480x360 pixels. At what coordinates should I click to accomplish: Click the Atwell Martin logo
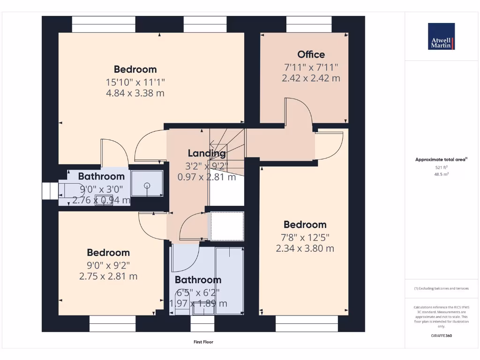click(441, 37)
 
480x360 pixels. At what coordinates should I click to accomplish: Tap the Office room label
click(311, 54)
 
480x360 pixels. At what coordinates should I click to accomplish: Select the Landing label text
click(207, 153)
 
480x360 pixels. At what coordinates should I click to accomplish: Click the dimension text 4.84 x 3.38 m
click(135, 93)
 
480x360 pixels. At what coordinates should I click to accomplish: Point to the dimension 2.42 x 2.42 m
click(311, 78)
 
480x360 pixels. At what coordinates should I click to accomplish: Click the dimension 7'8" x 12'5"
click(305, 237)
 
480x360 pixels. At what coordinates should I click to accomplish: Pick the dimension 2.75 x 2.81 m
click(108, 277)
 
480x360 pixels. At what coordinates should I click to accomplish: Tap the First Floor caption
click(203, 342)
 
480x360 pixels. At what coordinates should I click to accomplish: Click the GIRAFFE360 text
click(441, 336)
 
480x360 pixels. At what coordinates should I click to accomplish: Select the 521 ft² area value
click(441, 167)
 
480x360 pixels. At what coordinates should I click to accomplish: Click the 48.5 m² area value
click(441, 174)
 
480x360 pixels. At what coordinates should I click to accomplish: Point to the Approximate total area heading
click(441, 160)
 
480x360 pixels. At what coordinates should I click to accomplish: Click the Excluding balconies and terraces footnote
click(441, 288)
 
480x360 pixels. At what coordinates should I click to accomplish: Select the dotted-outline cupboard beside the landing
click(227, 226)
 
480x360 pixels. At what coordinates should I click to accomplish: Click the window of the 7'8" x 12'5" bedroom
click(306, 323)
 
